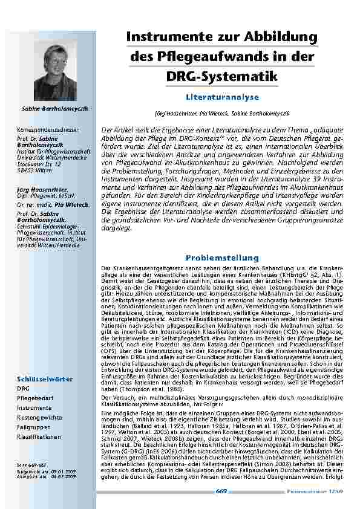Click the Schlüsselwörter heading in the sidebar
point(45,379)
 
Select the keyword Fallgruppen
point(34,427)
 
